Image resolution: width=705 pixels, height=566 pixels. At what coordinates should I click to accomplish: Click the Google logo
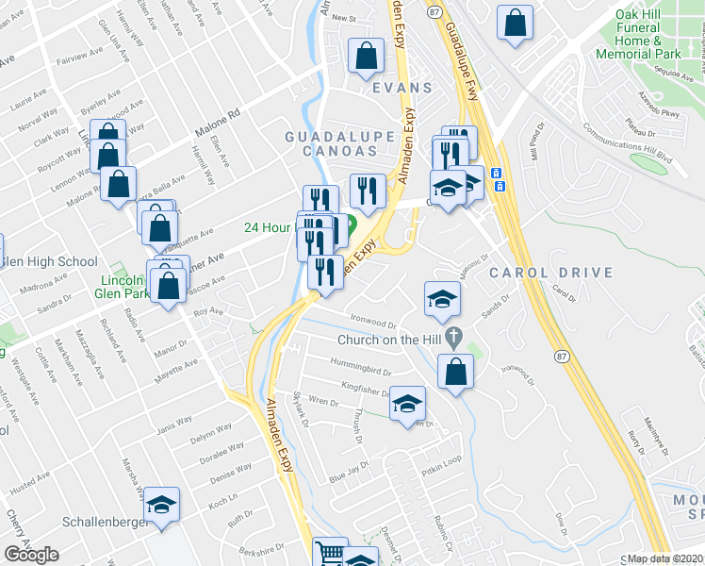coord(31,555)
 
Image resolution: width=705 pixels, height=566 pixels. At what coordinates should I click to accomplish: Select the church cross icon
coord(455,336)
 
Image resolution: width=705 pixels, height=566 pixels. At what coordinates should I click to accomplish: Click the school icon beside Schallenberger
coord(162,504)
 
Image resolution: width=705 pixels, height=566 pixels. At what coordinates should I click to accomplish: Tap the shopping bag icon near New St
coord(365,56)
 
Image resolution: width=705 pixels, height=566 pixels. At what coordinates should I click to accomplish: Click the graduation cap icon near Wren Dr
coord(407,404)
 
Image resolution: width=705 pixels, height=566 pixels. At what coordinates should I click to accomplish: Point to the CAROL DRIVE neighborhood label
coord(550,274)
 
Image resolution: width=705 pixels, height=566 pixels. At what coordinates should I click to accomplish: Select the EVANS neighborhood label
coord(402,88)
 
